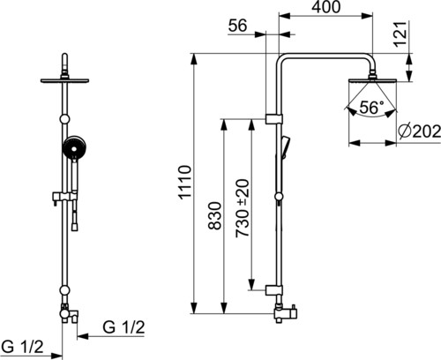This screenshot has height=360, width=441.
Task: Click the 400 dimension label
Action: click(325, 7)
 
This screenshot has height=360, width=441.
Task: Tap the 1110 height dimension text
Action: click(185, 183)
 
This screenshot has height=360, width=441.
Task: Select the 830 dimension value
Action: click(214, 215)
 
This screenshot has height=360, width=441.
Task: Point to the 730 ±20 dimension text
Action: click(243, 208)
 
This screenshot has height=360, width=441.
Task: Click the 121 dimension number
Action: click(400, 34)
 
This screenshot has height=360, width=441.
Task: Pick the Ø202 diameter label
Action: click(420, 131)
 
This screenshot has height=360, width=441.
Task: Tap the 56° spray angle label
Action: click(372, 108)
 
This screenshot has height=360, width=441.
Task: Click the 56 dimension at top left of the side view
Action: click(237, 26)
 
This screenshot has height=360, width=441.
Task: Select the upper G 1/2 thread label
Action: click(123, 327)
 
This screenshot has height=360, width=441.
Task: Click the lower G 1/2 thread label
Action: click(22, 347)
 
